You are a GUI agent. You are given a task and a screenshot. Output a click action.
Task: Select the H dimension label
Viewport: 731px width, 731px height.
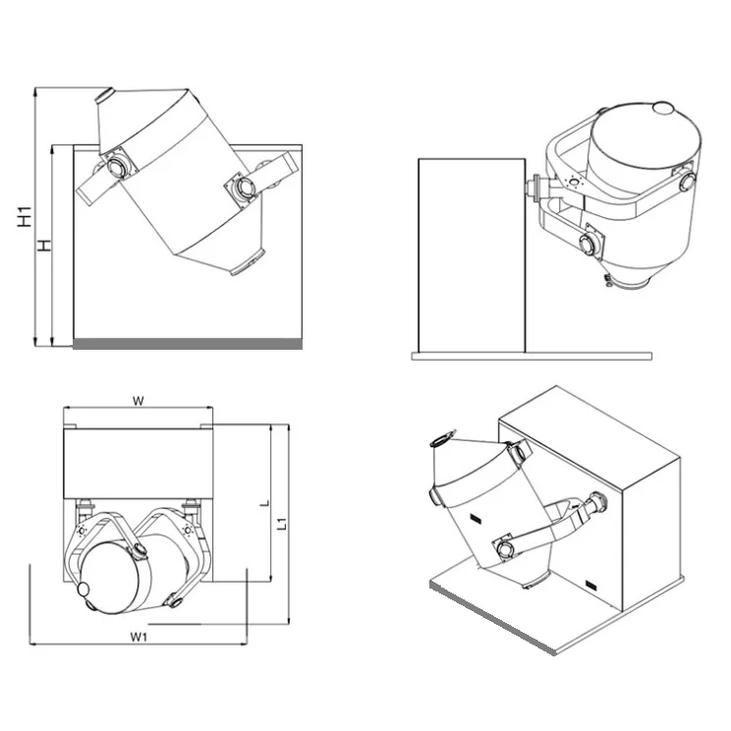click(x=44, y=245)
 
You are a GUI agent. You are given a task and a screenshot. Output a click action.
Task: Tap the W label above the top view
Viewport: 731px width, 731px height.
click(x=139, y=400)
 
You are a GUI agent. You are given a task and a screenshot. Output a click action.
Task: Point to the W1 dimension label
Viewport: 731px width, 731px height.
click(x=139, y=637)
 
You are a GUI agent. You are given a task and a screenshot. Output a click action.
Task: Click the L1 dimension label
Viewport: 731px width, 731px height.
click(x=282, y=524)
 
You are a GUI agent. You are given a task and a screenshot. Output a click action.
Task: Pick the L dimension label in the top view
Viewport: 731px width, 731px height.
click(x=262, y=502)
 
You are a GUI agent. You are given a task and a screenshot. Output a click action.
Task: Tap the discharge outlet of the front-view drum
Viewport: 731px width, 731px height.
click(x=250, y=264)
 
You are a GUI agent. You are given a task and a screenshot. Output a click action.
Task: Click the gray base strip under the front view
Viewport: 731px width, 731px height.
click(x=188, y=342)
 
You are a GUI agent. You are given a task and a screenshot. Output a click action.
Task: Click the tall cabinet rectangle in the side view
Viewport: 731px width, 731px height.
click(x=467, y=255)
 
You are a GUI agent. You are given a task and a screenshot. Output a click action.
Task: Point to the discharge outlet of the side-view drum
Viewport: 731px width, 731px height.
click(x=621, y=285)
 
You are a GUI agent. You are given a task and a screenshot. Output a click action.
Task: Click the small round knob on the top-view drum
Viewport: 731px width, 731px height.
click(x=84, y=589)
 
